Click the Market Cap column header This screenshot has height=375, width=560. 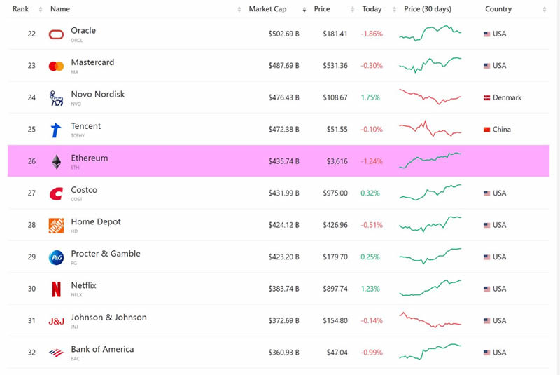(x=267, y=9)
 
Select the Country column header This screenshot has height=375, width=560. (x=498, y=9)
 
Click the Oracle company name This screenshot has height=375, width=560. (x=83, y=31)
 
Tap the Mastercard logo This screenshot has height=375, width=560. (x=56, y=66)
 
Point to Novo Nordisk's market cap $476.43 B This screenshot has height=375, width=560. (x=283, y=97)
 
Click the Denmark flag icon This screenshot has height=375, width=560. (x=487, y=98)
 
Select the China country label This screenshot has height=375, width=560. (x=502, y=130)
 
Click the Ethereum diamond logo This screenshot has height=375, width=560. (x=56, y=162)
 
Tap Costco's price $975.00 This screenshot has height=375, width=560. (x=335, y=193)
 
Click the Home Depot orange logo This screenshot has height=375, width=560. (x=56, y=225)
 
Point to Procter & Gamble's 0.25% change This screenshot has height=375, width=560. (x=370, y=257)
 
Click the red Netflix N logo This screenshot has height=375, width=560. (x=56, y=289)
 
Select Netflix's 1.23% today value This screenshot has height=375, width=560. (x=370, y=289)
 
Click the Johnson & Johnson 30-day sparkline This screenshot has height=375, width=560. (x=430, y=320)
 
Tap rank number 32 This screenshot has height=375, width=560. (x=31, y=353)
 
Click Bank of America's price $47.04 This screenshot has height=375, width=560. (x=336, y=353)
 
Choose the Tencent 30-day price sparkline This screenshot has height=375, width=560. (x=430, y=130)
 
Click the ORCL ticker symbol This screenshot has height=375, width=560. (x=77, y=41)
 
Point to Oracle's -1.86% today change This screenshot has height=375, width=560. (x=372, y=34)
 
